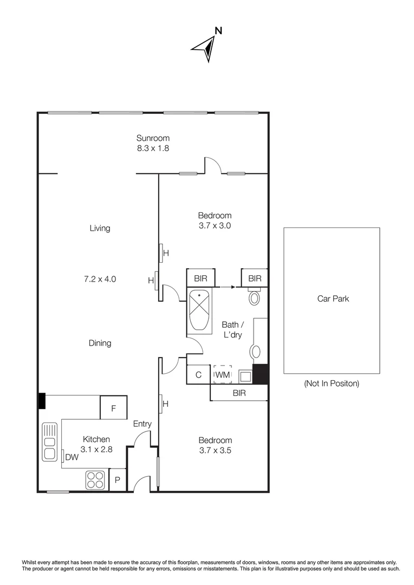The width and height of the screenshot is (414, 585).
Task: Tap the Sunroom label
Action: point(153,138)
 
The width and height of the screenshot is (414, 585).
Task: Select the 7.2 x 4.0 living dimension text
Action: point(100,279)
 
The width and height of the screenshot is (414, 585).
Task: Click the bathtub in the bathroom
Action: point(201,311)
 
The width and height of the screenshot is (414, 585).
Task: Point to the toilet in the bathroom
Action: point(255,298)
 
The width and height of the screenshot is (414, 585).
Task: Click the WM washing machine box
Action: point(223,375)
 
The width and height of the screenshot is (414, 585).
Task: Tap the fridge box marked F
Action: point(114,408)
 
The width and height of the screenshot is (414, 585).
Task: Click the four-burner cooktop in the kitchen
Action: point(95,479)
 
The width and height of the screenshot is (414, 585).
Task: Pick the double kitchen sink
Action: point(50,441)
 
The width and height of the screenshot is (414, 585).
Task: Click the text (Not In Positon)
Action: point(331,383)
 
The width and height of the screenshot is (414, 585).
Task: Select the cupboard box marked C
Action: point(199,375)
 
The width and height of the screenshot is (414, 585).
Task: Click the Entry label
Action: point(143,424)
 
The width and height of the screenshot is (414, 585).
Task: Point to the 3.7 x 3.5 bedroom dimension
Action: point(215,450)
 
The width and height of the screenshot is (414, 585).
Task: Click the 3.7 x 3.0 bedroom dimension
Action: point(215,226)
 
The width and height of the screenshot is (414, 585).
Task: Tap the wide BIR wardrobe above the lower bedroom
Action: point(239,393)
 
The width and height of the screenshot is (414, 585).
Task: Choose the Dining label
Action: point(100,343)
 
